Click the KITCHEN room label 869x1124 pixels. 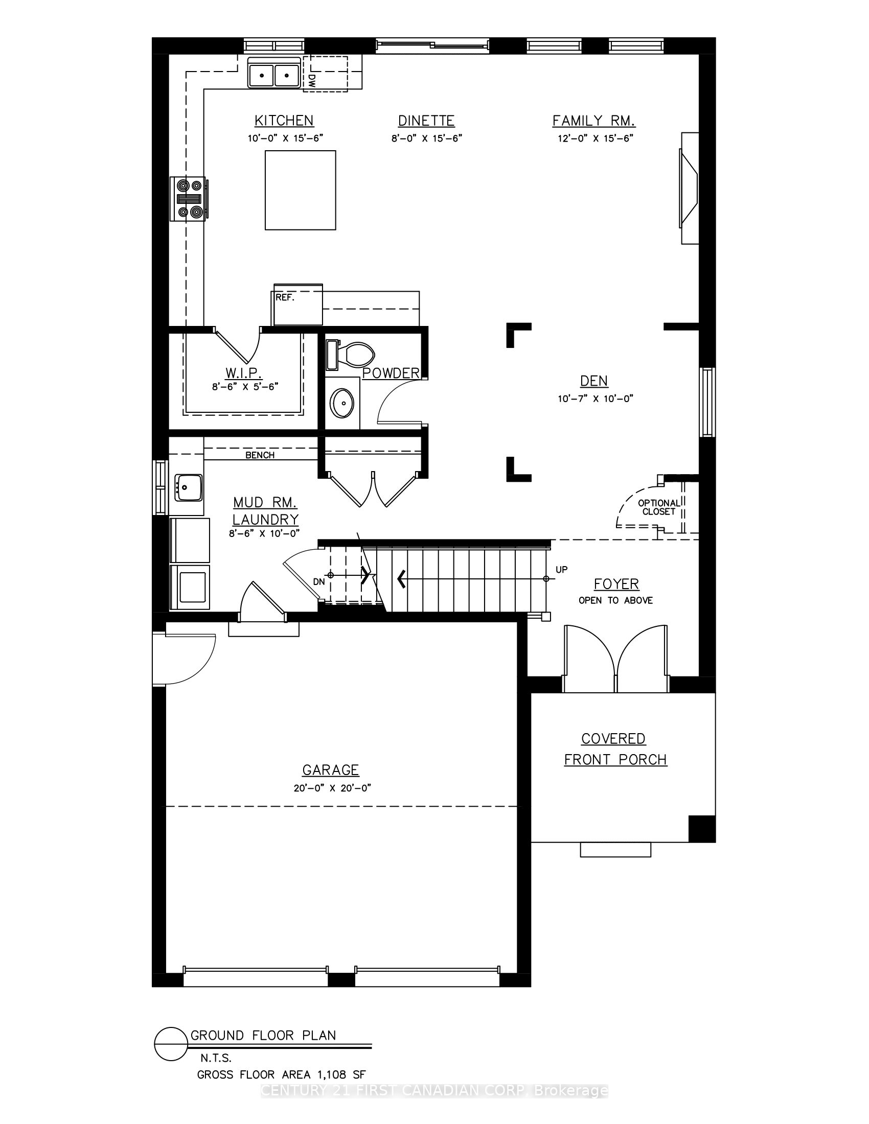pos(284,121)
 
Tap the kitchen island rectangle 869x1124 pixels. pos(301,190)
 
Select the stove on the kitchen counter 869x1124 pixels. pos(188,199)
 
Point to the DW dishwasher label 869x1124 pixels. pos(312,80)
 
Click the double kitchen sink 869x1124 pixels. pos(274,73)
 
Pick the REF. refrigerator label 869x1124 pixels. pos(285,297)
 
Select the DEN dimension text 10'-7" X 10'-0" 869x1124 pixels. pos(595,399)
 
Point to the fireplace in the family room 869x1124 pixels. pos(690,188)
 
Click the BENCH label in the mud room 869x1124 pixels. pos(260,455)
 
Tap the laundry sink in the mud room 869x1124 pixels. pos(188,487)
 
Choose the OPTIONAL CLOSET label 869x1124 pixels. pos(659,507)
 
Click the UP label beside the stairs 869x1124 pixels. pos(562,570)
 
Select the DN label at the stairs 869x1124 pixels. pos(319,581)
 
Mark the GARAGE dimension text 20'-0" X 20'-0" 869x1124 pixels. pos(333,788)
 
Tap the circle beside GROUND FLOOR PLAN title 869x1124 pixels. pos(170,1044)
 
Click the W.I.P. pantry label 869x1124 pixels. pos(244,372)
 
